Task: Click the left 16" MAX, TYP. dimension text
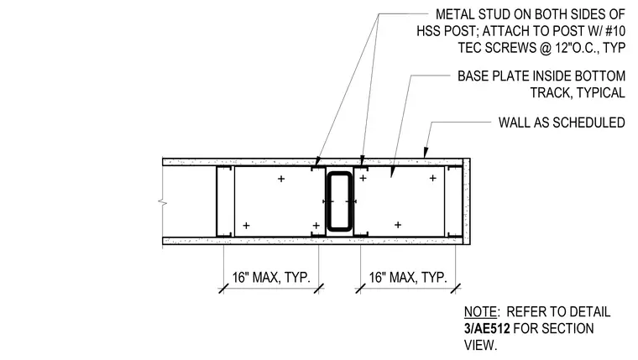coord(271,278)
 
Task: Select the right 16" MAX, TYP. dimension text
coord(408,278)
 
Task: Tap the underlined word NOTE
coord(480,312)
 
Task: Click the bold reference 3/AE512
coord(487,328)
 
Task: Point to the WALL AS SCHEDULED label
coord(562,123)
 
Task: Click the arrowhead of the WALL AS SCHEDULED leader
coord(426,154)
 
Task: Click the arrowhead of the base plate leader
coord(392,173)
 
